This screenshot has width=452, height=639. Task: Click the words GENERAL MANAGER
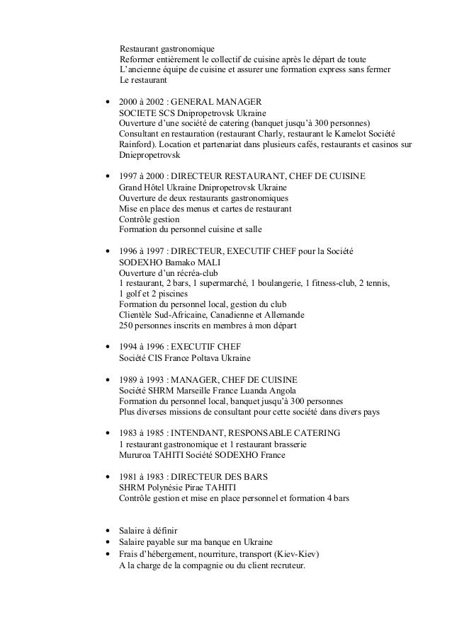click(x=213, y=102)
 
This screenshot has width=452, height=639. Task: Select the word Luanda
click(x=257, y=391)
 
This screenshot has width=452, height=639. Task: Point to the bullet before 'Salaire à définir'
click(x=107, y=531)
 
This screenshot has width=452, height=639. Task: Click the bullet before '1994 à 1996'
click(x=107, y=347)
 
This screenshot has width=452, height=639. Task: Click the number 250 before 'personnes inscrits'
click(x=126, y=326)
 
